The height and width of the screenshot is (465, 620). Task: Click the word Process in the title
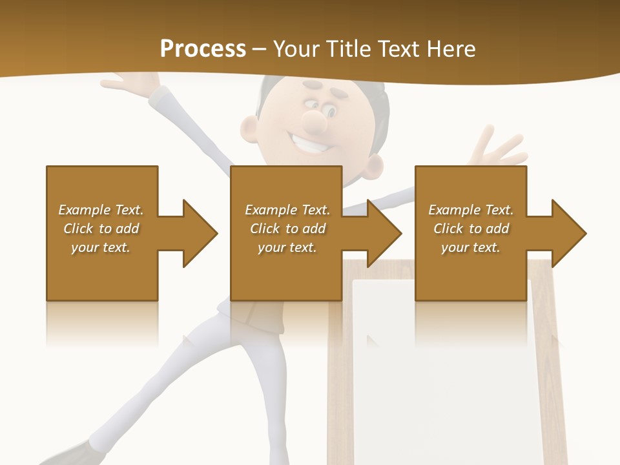click(x=203, y=48)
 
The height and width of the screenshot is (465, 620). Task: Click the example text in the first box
click(x=101, y=229)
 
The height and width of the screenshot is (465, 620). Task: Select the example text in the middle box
click(x=287, y=229)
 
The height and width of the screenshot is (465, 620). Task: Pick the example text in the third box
click(x=471, y=229)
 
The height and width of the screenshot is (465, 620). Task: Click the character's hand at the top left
click(x=132, y=84)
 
